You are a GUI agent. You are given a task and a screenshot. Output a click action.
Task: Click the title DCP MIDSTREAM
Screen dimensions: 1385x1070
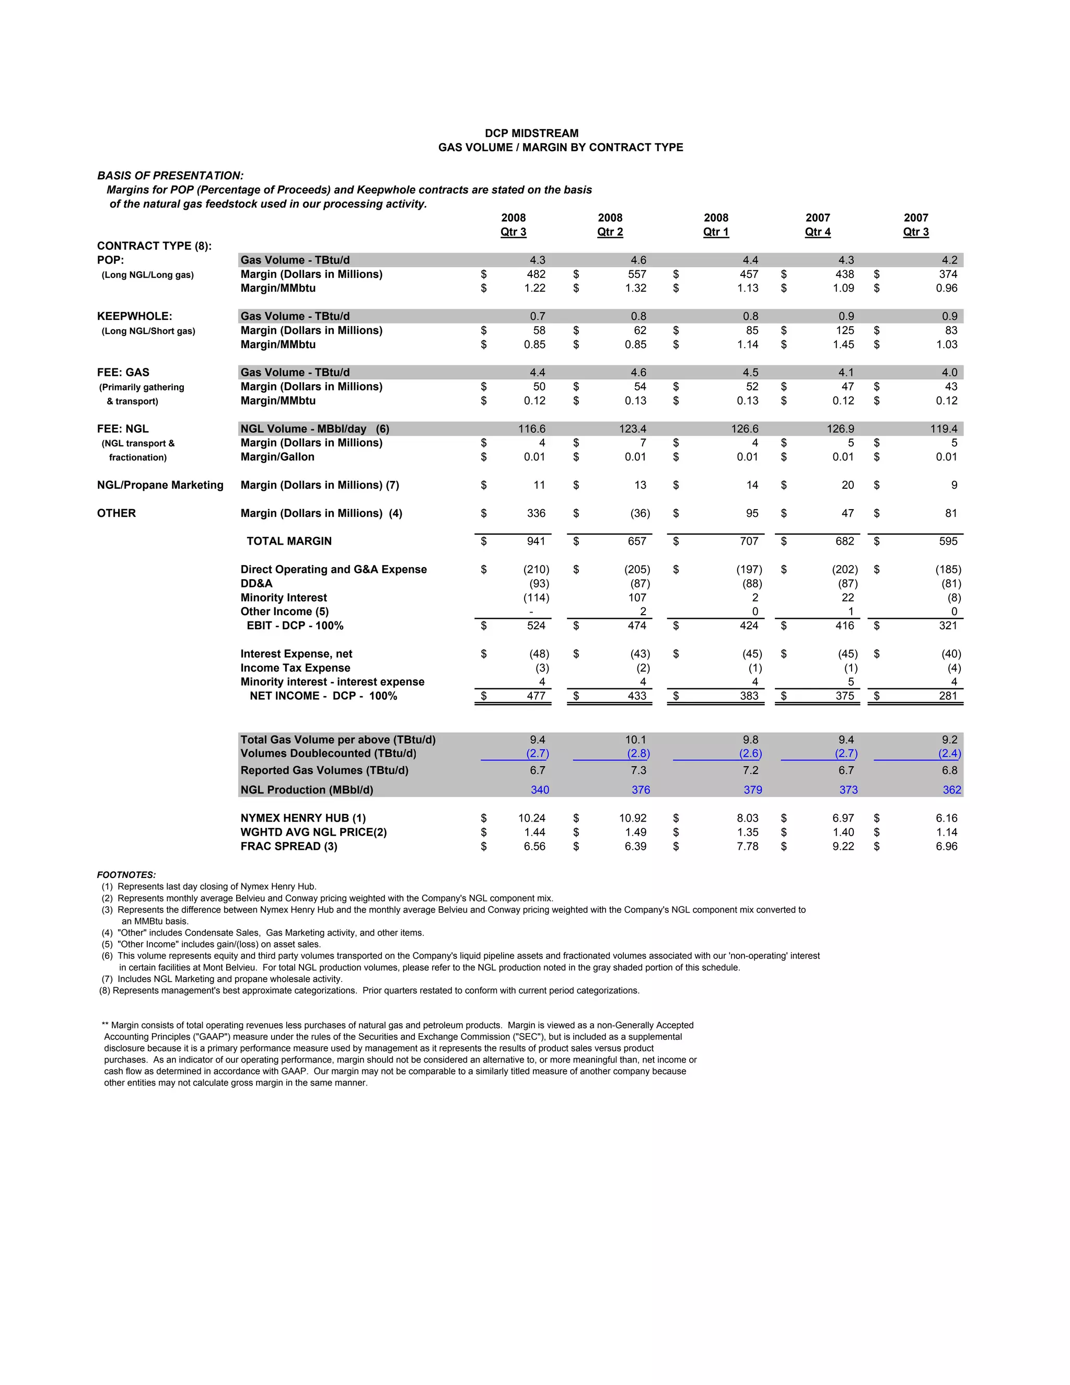[531, 133]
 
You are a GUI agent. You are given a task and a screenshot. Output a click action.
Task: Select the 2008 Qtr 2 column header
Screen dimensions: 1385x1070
[610, 225]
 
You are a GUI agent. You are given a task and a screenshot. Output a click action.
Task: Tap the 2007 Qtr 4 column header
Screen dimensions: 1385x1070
[818, 225]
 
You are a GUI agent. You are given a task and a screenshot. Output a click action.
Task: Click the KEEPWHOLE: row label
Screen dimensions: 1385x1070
[134, 316]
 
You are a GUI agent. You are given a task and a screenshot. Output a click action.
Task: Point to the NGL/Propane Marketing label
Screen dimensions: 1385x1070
[160, 485]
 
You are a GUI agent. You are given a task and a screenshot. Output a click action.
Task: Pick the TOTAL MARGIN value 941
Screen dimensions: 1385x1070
[536, 541]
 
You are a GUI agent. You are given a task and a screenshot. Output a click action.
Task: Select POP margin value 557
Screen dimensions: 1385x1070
[637, 274]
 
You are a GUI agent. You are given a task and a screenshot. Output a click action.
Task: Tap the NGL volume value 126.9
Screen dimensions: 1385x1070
[840, 429]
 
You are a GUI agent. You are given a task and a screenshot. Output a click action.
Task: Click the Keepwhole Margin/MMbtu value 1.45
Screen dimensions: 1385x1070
[843, 345]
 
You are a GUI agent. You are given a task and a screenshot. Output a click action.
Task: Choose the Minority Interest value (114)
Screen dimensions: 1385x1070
[536, 598]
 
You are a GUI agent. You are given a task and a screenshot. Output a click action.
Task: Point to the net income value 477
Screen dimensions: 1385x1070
[536, 696]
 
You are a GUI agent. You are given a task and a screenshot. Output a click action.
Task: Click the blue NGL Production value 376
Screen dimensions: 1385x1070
[641, 790]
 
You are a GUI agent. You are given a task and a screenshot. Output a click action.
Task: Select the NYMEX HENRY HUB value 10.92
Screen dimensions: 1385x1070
[633, 818]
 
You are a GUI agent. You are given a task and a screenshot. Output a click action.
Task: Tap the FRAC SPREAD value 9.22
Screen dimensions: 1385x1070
[843, 847]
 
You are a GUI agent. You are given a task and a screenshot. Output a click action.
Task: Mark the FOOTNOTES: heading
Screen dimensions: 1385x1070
[126, 875]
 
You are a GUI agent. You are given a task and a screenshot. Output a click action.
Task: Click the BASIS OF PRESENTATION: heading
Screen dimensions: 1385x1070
[170, 176]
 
